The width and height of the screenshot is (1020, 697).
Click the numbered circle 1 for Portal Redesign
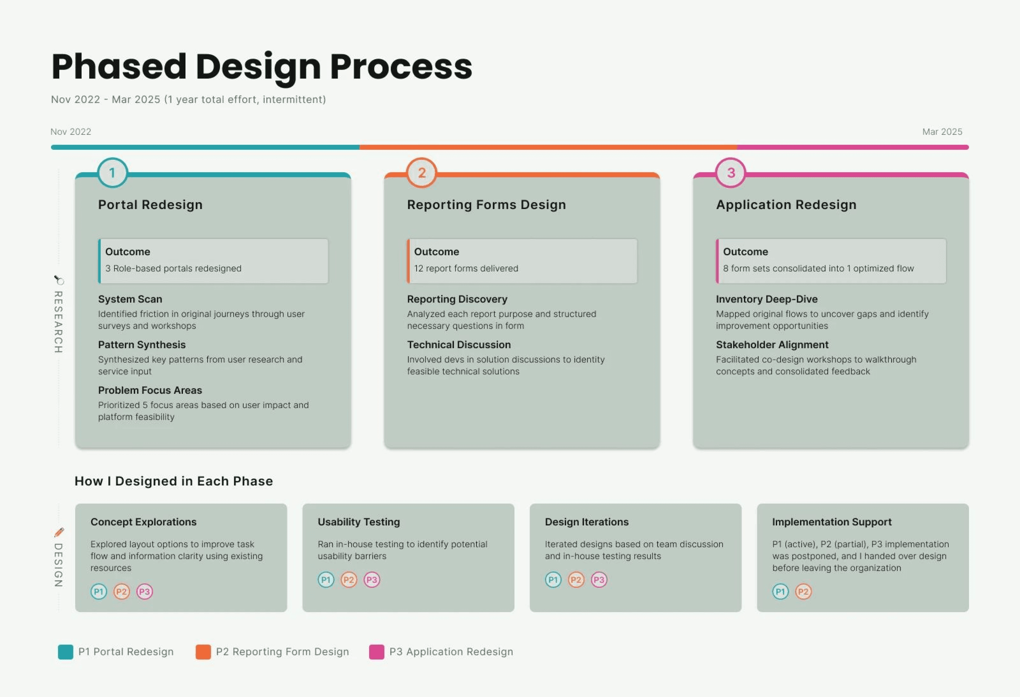pos(112,173)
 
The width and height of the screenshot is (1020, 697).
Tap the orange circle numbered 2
pos(421,173)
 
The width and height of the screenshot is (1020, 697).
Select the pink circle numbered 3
pos(731,173)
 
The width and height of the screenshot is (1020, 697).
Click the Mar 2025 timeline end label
pos(942,132)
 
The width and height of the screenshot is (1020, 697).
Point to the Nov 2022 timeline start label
pos(71,132)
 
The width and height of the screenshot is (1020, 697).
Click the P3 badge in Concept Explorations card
pos(144,592)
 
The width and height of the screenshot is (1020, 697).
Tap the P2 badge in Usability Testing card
pos(349,580)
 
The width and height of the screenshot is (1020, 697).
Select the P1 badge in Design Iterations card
pos(553,580)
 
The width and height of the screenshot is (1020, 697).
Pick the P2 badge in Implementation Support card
pos(803,592)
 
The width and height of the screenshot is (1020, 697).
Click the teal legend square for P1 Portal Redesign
pos(65,652)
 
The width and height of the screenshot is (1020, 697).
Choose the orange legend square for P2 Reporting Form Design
pos(203,652)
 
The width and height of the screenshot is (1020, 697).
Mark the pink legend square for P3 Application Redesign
pos(377,652)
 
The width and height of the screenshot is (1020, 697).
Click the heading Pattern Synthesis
pos(142,345)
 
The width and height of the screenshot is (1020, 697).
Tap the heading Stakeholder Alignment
pos(772,345)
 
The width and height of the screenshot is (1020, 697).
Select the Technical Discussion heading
pos(459,345)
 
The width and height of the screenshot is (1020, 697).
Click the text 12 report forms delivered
pos(466,268)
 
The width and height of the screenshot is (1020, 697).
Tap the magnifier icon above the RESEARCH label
pos(59,280)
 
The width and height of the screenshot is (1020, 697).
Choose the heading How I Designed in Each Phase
pos(173,481)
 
